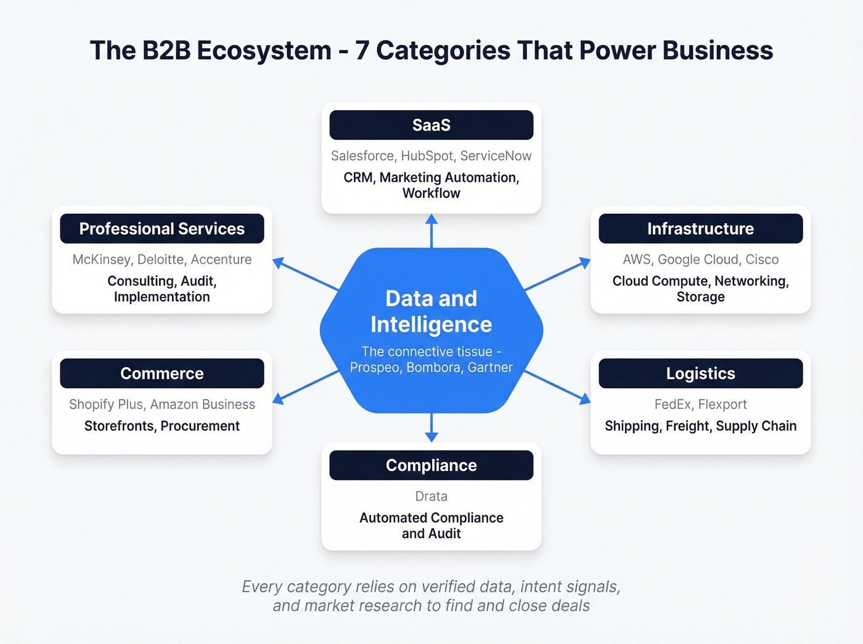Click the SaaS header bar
(431, 125)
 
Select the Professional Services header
(162, 229)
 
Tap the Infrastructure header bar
(700, 229)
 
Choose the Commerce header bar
(162, 373)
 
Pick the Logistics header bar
(700, 373)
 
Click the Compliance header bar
(431, 465)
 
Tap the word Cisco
(762, 259)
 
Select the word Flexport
(722, 404)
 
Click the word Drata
(431, 496)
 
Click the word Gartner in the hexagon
(490, 367)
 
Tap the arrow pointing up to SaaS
(431, 230)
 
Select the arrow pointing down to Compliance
(431, 428)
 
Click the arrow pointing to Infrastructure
(557, 274)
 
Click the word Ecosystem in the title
(264, 51)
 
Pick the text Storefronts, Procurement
(162, 426)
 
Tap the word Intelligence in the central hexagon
(431, 324)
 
